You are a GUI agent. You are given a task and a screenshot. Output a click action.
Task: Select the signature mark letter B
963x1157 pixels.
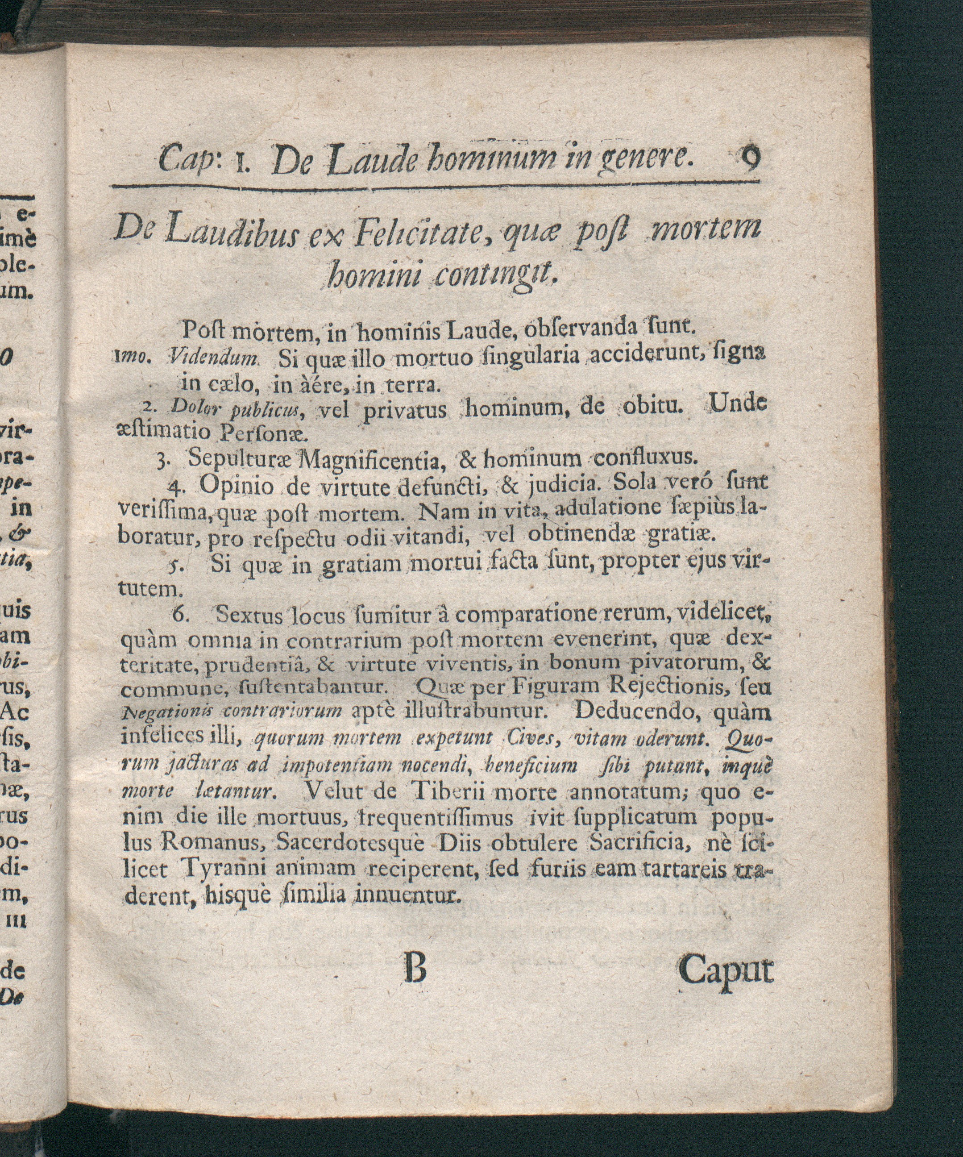tap(415, 969)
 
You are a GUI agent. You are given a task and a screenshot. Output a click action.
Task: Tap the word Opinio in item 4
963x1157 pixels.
tap(237, 486)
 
